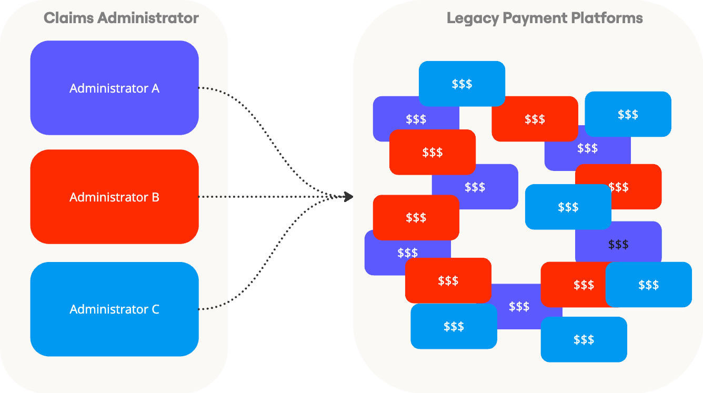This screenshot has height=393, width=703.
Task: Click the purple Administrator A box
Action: [114, 88]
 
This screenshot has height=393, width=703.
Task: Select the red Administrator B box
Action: [114, 197]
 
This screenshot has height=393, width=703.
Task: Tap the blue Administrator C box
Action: [114, 309]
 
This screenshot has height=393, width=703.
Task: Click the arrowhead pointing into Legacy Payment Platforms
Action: [348, 197]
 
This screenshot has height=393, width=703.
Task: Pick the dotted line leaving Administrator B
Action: [263, 197]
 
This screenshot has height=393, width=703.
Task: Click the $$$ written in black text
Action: [618, 244]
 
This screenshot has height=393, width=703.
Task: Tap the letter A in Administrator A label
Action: [155, 88]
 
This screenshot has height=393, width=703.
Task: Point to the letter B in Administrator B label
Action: [155, 197]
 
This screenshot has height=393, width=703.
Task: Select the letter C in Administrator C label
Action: [155, 309]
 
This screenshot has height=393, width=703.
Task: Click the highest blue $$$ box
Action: [462, 84]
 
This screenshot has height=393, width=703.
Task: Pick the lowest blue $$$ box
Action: [584, 339]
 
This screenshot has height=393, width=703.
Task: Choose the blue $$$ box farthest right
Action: [649, 285]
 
